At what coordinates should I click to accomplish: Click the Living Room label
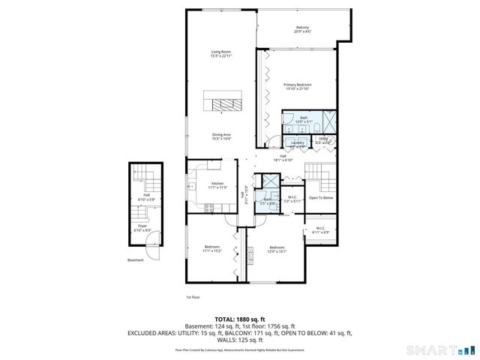tap(221, 53)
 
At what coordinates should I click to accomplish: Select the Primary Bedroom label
tap(298, 87)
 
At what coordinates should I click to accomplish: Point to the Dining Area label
tap(221, 137)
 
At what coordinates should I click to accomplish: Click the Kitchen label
tap(217, 185)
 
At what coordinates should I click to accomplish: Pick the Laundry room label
tap(297, 143)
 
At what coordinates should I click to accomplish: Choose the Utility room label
tap(323, 139)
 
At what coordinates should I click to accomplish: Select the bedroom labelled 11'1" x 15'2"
tap(212, 249)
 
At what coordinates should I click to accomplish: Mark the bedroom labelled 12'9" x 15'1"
tap(277, 249)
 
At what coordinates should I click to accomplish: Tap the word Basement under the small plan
tap(135, 260)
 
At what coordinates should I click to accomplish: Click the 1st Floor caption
tap(193, 298)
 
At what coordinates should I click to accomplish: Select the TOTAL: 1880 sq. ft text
tap(240, 319)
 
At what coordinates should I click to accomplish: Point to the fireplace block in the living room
tap(224, 103)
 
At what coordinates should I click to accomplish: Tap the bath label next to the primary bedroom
tap(304, 119)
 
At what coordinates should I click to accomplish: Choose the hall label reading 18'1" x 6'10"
tap(283, 157)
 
